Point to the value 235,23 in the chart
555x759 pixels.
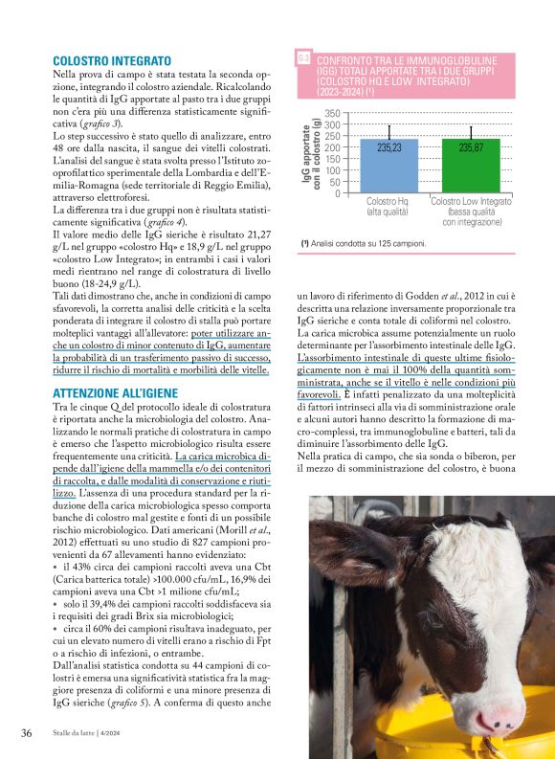coord(388,147)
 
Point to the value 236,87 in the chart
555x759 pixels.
coord(471,147)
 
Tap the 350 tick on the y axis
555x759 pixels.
coord(331,113)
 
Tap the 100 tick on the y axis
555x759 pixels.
coord(331,169)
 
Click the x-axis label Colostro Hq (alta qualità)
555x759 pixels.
coord(388,207)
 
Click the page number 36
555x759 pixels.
coord(27,733)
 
